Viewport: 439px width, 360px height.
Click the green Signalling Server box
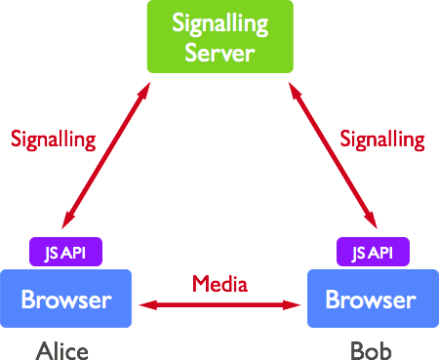pos(219,37)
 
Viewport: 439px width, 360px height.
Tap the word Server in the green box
pos(219,51)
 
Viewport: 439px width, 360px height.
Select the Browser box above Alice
pos(67,299)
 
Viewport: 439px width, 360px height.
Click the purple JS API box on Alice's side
pos(66,253)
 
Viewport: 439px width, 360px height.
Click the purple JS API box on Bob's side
pos(372,253)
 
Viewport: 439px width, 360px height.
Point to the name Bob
pos(372,348)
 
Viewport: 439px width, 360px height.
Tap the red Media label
pos(219,284)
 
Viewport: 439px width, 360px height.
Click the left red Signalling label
pos(54,140)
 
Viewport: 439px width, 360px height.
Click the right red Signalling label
pos(382,140)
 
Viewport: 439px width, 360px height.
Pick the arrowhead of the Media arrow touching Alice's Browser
pos(146,305)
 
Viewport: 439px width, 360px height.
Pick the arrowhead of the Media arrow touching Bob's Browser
pos(296,305)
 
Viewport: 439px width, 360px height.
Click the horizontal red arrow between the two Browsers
pos(219,305)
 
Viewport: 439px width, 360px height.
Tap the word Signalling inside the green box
pos(219,22)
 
